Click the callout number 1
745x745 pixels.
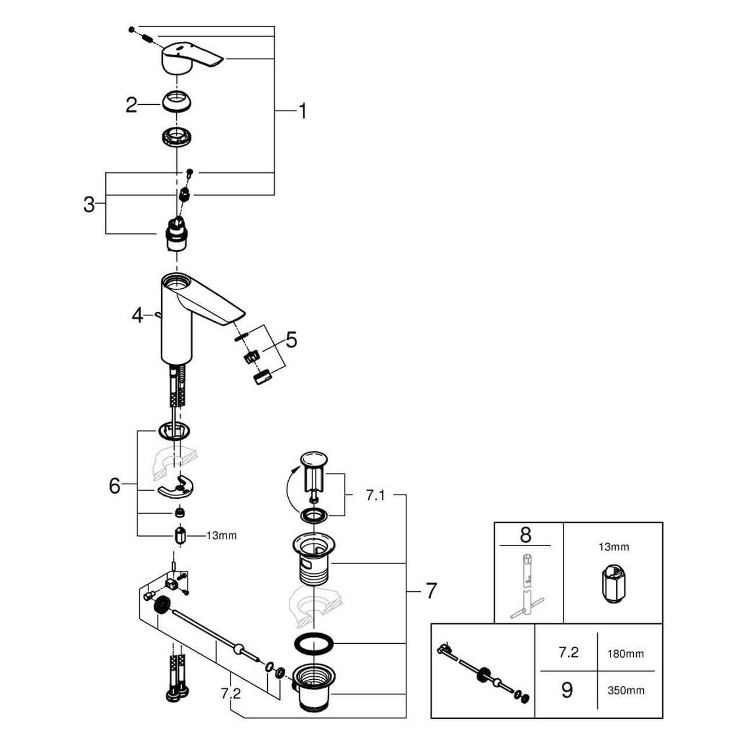click(301, 111)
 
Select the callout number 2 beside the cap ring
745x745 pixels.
click(132, 105)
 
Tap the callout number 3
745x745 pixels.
click(88, 204)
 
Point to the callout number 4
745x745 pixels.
click(137, 316)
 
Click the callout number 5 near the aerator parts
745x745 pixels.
click(290, 339)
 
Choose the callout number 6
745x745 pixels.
click(115, 485)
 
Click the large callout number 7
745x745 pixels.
click(430, 591)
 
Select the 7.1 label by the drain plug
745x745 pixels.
click(375, 496)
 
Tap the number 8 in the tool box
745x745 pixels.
click(526, 534)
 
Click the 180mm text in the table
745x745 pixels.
click(626, 654)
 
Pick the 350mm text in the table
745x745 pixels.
click(626, 691)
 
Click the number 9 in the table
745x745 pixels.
click(566, 690)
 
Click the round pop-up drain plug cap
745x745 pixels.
click(314, 460)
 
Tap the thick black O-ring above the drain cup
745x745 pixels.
click(314, 644)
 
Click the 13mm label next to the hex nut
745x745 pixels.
click(222, 535)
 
